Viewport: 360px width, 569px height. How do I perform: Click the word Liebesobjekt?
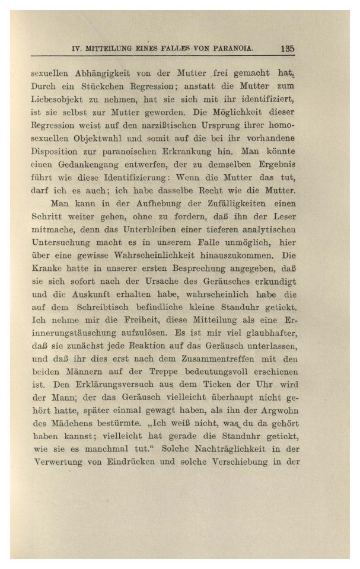(57, 99)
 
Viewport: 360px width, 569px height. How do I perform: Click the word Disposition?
(58, 154)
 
